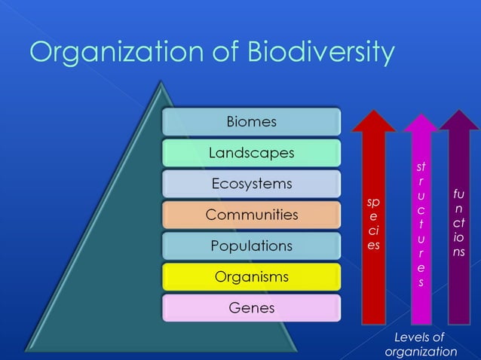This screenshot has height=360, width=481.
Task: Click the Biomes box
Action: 251,121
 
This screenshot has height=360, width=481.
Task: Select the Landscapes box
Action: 251,153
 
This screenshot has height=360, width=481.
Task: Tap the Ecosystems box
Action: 251,184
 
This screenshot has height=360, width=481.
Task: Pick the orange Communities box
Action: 251,215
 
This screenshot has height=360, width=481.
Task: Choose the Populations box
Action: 251,246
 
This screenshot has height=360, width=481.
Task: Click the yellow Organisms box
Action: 251,277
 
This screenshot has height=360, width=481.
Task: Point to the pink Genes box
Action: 251,308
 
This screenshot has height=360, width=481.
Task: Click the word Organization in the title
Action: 120,53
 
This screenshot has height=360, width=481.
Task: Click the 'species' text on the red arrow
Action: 373,224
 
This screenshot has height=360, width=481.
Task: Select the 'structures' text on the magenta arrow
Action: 421,224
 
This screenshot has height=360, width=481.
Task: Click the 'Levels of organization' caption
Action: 421,344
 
